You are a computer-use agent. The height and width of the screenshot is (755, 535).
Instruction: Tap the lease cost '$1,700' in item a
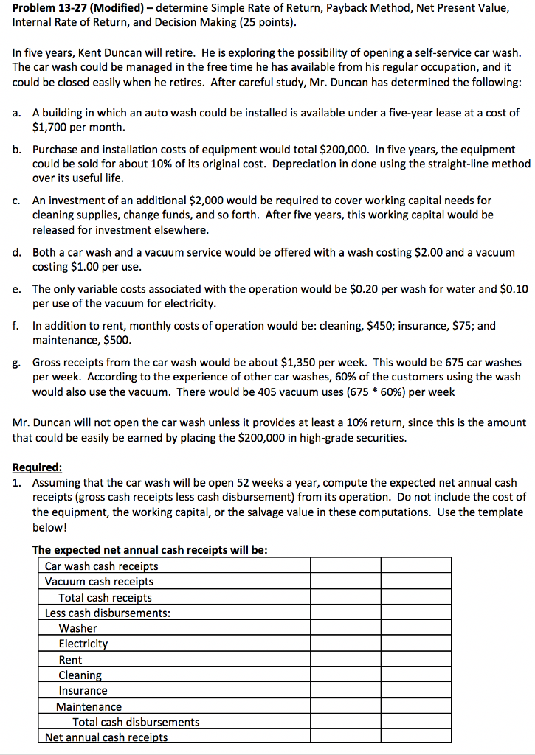(x=49, y=126)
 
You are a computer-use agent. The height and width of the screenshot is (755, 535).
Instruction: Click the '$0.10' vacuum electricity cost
(x=514, y=288)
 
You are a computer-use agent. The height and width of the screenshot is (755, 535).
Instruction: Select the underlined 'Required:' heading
(x=38, y=467)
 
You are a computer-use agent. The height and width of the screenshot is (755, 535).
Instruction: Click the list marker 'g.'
(x=17, y=362)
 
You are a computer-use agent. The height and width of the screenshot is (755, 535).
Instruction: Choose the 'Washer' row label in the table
(x=77, y=628)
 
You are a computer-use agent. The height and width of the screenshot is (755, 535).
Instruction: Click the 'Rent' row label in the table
(x=70, y=660)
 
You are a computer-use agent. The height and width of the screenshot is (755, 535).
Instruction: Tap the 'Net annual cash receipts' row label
(x=106, y=737)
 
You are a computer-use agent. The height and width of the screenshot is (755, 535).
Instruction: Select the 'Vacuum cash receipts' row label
(x=99, y=582)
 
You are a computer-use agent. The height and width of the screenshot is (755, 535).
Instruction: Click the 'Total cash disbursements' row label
(x=136, y=722)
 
